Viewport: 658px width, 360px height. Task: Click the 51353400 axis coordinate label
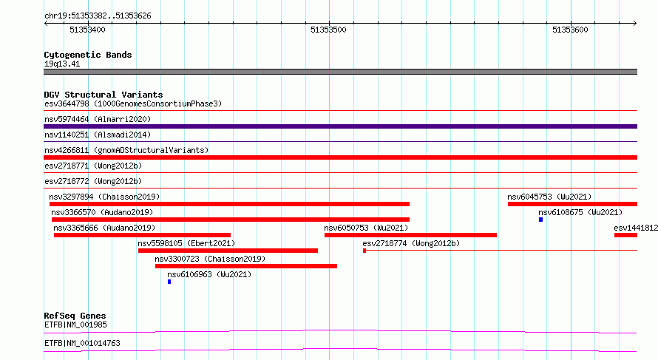pyautogui.click(x=87, y=30)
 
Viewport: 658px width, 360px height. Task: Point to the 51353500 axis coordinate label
pyautogui.click(x=328, y=30)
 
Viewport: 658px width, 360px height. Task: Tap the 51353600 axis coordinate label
pyautogui.click(x=570, y=30)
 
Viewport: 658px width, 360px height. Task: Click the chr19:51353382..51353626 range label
pyautogui.click(x=98, y=16)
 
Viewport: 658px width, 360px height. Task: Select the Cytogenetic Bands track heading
pyautogui.click(x=88, y=55)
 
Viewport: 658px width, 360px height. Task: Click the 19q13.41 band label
pyautogui.click(x=62, y=64)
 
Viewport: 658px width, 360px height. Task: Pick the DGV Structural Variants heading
pyautogui.click(x=104, y=95)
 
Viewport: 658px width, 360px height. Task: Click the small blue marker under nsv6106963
pyautogui.click(x=169, y=282)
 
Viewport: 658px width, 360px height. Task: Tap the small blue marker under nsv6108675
pyautogui.click(x=541, y=220)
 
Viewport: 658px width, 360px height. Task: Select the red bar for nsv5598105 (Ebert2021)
pyautogui.click(x=228, y=251)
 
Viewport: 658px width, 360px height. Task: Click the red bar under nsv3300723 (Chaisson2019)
pyautogui.click(x=246, y=266)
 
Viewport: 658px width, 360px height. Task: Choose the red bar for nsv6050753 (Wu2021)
pyautogui.click(x=410, y=235)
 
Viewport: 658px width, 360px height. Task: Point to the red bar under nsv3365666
pyautogui.click(x=142, y=235)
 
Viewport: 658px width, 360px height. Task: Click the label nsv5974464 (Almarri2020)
pyautogui.click(x=98, y=119)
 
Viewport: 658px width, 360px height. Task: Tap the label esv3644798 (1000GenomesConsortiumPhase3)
pyautogui.click(x=133, y=103)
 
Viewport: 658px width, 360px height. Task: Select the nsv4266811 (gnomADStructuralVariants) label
pyautogui.click(x=126, y=150)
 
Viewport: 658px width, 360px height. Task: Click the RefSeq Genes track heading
pyautogui.click(x=75, y=316)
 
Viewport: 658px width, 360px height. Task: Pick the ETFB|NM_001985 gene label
pyautogui.click(x=75, y=325)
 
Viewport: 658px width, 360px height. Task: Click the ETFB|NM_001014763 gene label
pyautogui.click(x=82, y=343)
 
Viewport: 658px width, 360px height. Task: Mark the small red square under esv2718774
pyautogui.click(x=364, y=251)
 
